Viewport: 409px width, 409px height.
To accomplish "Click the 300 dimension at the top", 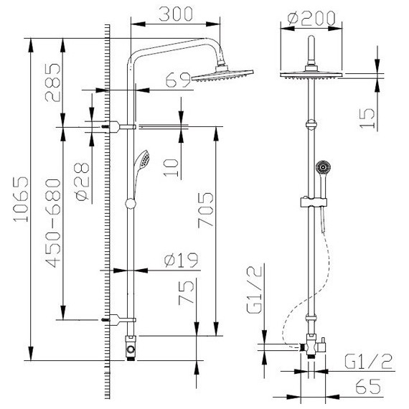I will pyautogui.click(x=175, y=14).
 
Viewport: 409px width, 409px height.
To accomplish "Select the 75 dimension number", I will pyautogui.click(x=187, y=295).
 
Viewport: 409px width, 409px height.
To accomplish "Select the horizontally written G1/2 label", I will pyautogui.click(x=368, y=361).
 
